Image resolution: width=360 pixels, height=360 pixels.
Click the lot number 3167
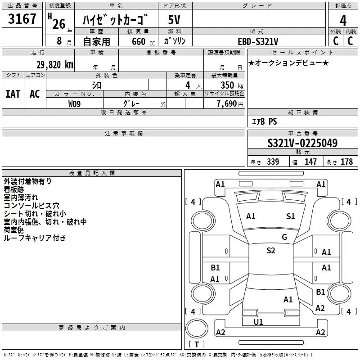coord(22,19)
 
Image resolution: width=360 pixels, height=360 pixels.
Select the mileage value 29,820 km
coord(55,65)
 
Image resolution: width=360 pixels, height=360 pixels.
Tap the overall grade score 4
coord(343,21)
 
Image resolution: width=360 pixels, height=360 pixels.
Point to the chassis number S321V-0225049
coord(302,143)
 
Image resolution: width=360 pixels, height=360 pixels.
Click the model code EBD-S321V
coord(258,41)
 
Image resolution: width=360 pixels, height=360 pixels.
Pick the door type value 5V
coord(174,20)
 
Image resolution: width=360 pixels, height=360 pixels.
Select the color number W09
coord(74,104)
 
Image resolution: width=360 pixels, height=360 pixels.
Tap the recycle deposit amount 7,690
coord(227,104)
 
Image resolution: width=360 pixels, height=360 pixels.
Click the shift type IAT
coord(13,94)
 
